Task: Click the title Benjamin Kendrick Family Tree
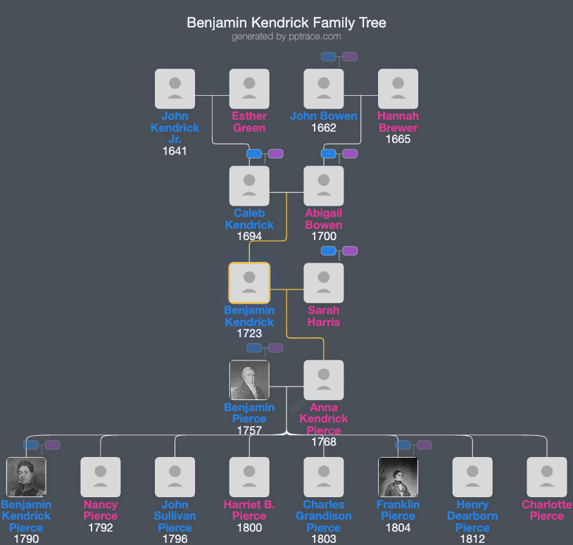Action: coord(286,23)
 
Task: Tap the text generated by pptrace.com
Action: coord(286,37)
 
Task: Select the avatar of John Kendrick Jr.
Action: coord(175,89)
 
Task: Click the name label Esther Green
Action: coord(249,122)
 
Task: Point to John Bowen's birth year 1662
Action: coord(324,128)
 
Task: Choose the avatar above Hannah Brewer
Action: coord(398,89)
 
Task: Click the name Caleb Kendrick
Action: coord(249,219)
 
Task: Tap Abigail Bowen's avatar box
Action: coord(324,186)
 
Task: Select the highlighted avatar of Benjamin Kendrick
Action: coord(249,283)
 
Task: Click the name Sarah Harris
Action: coord(324,316)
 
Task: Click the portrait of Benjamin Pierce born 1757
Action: coord(249,380)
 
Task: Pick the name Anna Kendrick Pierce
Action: coord(324,419)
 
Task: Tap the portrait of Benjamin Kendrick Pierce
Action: coord(26,477)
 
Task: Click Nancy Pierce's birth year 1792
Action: coord(101,528)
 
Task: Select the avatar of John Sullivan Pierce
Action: coord(175,477)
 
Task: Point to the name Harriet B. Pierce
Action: coord(249,510)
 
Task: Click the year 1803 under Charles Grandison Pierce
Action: coord(324,539)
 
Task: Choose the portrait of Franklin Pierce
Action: coord(398,477)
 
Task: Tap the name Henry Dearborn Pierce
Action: coord(472,516)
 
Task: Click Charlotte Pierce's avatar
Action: coord(547,477)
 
